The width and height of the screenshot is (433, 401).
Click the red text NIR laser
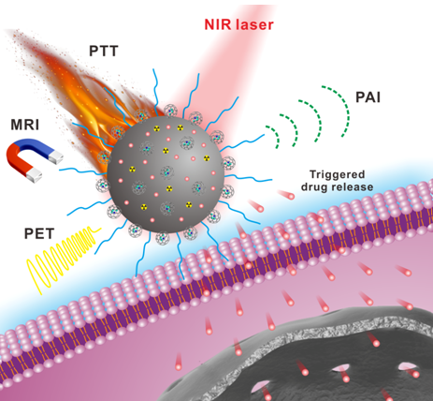[238, 24]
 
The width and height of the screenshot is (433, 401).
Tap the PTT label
[104, 51]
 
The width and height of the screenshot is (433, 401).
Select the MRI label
[25, 125]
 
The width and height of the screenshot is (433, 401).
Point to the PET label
[39, 233]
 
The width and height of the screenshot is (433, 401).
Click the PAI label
[368, 97]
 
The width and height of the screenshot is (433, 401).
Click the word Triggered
[337, 175]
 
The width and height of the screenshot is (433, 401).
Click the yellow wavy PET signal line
[63, 260]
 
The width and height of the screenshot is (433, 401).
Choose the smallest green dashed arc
[273, 137]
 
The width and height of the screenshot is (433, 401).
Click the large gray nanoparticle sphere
[166, 174]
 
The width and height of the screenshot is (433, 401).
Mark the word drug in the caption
[314, 187]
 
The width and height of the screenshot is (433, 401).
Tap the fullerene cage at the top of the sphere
[170, 111]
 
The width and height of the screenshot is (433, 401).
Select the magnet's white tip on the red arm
[34, 176]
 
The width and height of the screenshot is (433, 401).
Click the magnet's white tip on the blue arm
[55, 156]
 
